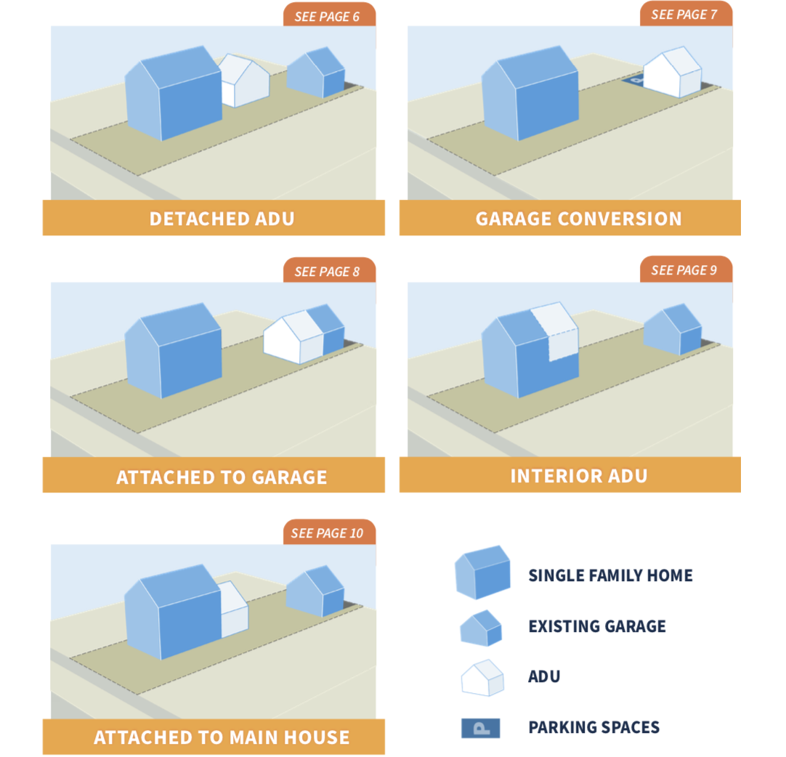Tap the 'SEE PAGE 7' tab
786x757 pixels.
click(x=684, y=15)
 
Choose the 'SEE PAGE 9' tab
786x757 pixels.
click(x=684, y=270)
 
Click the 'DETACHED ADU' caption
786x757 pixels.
click(x=222, y=219)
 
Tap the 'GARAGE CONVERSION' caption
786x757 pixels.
click(x=578, y=219)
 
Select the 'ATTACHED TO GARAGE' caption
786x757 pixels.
click(x=222, y=477)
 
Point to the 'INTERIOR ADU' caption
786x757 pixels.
click(x=578, y=476)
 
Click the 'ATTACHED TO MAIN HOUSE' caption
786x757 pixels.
click(x=222, y=737)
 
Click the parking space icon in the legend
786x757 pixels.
click(x=480, y=728)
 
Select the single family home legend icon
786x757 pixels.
click(x=482, y=572)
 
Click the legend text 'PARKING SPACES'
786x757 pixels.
click(x=593, y=727)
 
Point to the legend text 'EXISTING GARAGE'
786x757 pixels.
click(x=596, y=626)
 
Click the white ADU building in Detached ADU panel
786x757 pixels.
click(x=245, y=81)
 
